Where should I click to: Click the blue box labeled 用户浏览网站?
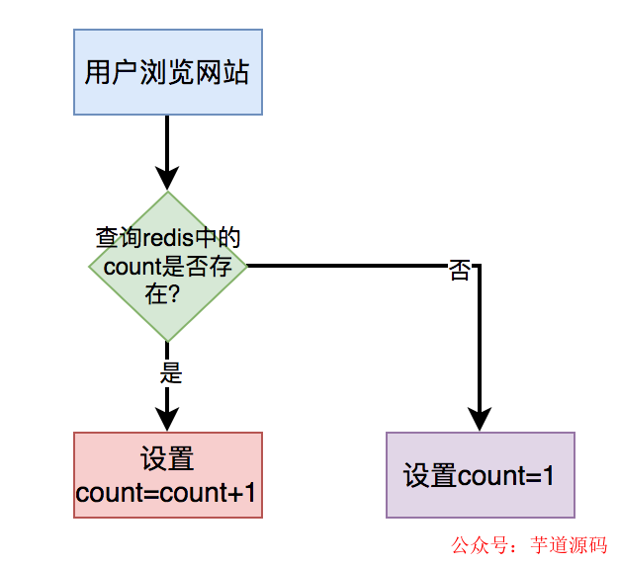(x=167, y=72)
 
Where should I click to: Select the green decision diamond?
(x=167, y=266)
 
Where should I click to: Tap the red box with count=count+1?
(x=167, y=475)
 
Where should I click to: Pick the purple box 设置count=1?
(x=480, y=475)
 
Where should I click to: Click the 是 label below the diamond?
(x=170, y=374)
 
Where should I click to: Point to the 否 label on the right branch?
(x=460, y=271)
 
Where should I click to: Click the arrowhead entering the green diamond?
(x=167, y=178)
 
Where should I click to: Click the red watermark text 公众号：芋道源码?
(x=529, y=544)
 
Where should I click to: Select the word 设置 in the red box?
(x=167, y=459)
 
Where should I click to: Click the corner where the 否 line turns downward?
(x=480, y=266)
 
